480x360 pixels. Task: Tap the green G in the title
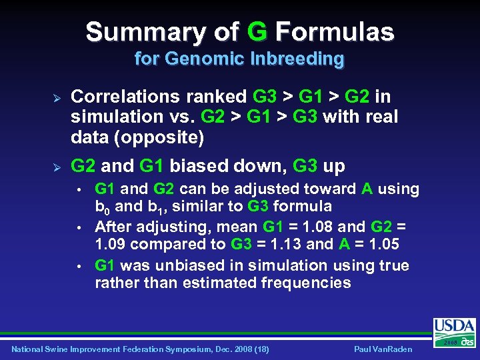[x=257, y=31]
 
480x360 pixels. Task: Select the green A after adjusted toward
[x=367, y=189]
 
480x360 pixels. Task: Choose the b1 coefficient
[x=165, y=207]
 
